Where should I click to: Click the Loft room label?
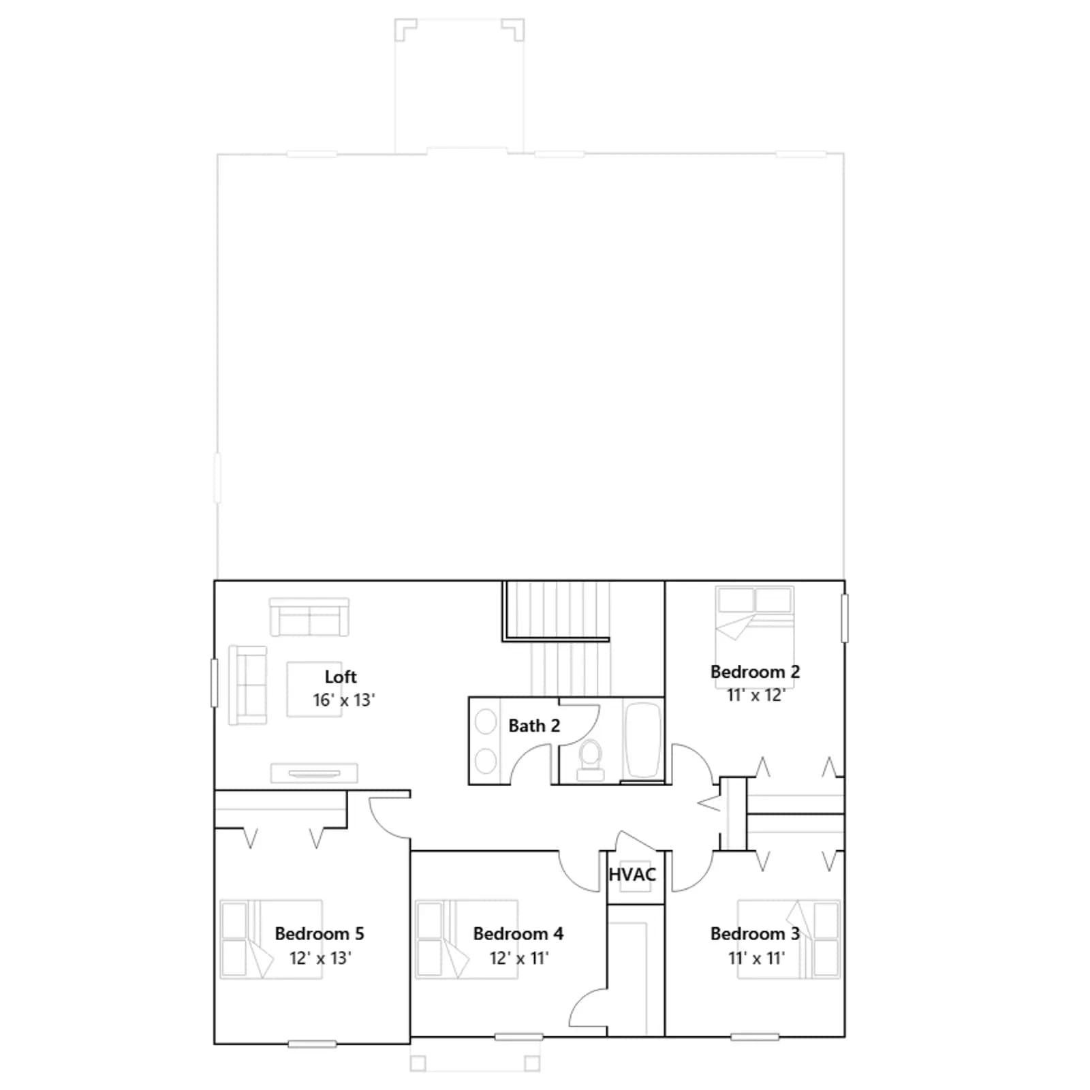(341, 676)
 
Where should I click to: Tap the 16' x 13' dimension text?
(344, 700)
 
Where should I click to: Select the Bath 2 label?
(534, 726)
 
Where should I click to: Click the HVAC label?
(632, 875)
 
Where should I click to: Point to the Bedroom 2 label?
(755, 672)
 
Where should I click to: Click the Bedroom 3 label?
(755, 933)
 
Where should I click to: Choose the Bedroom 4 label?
(518, 933)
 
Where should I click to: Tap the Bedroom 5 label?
(320, 933)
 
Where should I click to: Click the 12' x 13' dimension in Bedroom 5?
(320, 958)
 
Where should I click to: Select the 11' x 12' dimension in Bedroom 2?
(756, 696)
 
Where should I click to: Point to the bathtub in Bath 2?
(643, 741)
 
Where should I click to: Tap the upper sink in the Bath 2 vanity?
(486, 722)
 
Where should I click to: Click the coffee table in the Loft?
(314, 689)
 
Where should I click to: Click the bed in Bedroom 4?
(467, 939)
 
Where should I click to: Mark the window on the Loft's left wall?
(214, 683)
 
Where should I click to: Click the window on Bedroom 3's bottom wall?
(754, 1037)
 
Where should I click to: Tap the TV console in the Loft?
(314, 773)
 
